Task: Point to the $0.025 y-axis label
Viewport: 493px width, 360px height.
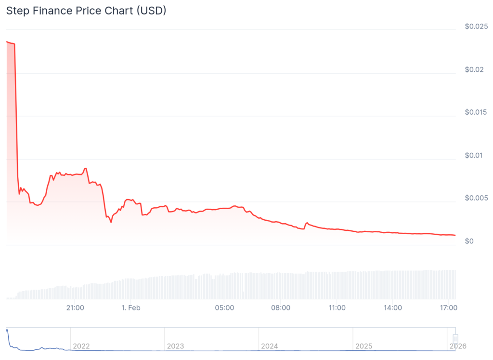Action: click(476, 27)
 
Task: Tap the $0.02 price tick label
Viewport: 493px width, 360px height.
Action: click(474, 69)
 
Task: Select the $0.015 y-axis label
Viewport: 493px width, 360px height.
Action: click(476, 112)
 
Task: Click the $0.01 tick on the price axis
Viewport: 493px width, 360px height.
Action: click(474, 155)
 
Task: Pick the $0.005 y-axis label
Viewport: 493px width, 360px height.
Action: click(476, 198)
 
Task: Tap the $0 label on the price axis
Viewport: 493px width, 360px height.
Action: click(469, 241)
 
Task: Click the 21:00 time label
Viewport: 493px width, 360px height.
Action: click(75, 307)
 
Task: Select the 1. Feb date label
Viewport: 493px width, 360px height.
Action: click(131, 307)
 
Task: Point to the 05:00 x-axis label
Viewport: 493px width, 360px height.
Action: click(224, 307)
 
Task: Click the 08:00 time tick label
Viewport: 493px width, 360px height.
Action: click(281, 307)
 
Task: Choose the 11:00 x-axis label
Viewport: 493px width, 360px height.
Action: click(337, 307)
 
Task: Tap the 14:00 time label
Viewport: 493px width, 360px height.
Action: click(393, 307)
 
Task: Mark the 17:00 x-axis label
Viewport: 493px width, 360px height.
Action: click(449, 307)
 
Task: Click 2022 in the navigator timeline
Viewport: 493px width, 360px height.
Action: click(81, 346)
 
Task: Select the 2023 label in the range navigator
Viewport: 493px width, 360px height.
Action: click(175, 346)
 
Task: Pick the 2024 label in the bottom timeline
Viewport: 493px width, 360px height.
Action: click(269, 346)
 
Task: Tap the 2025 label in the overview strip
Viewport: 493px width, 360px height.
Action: click(363, 346)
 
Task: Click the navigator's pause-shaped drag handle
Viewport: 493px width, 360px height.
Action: click(455, 339)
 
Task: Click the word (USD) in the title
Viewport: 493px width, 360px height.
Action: click(151, 11)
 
